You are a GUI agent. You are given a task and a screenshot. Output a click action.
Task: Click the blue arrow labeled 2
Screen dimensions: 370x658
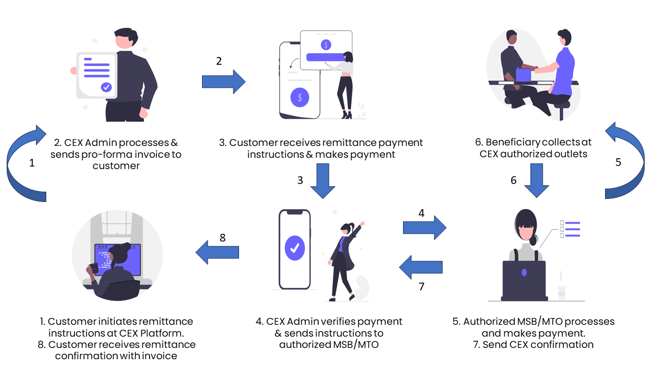point(224,82)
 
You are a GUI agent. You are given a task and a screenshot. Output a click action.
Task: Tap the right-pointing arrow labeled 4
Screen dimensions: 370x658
point(425,227)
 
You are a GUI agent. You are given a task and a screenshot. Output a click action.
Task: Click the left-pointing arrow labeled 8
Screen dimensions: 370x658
point(217,252)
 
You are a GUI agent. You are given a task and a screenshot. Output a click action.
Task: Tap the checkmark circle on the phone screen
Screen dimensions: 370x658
point(295,248)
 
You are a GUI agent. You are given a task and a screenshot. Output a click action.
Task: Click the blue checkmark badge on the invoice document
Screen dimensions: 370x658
point(106,87)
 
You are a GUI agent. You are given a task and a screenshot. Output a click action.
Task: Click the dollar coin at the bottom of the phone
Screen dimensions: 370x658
point(300,97)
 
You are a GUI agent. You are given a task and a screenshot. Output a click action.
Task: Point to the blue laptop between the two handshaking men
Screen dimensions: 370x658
point(523,75)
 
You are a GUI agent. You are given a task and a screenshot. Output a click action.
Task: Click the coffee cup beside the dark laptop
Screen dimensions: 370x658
point(561,291)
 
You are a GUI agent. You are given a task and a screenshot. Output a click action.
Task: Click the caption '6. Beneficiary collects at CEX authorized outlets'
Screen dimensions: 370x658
point(534,148)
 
